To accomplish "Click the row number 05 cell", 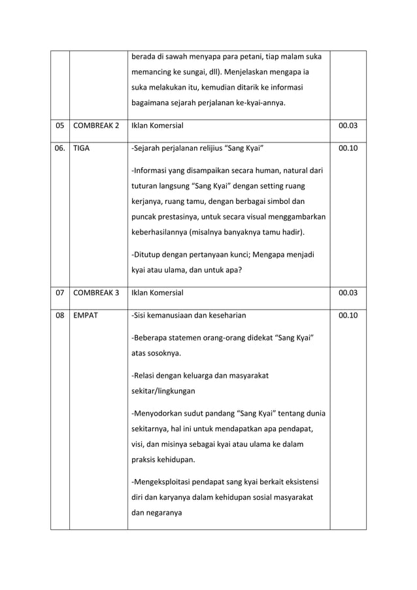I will pos(60,125).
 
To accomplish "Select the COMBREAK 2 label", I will pos(95,125).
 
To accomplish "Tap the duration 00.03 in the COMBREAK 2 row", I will pos(347,125).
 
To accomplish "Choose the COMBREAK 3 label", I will pos(95,293).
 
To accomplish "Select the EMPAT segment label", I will pos(86,316).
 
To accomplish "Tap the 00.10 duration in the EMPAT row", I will pos(347,316).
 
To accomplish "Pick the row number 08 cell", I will pos(60,316).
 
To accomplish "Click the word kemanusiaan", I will pos(174,316).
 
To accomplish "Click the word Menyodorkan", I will pos(161,414).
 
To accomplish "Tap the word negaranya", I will pos(165,514).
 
